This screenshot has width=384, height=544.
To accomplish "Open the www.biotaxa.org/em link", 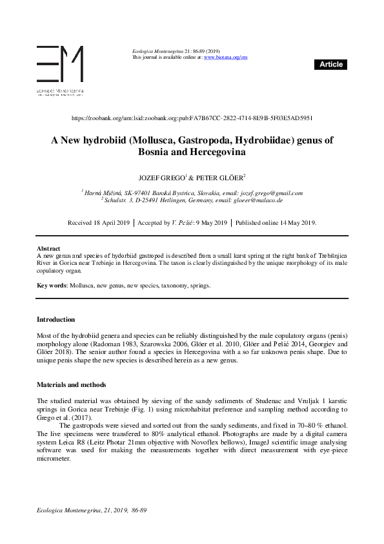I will click(225, 58).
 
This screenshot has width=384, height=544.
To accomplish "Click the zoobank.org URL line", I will click(192, 118).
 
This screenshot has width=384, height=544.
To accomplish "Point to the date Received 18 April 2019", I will click(99, 223).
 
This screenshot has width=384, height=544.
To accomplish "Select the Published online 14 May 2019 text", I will click(276, 223).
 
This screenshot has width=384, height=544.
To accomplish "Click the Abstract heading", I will click(48, 248).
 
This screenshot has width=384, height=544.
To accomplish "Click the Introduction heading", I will click(56, 319).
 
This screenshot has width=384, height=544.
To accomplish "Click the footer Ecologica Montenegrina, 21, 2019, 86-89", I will click(92, 511).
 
